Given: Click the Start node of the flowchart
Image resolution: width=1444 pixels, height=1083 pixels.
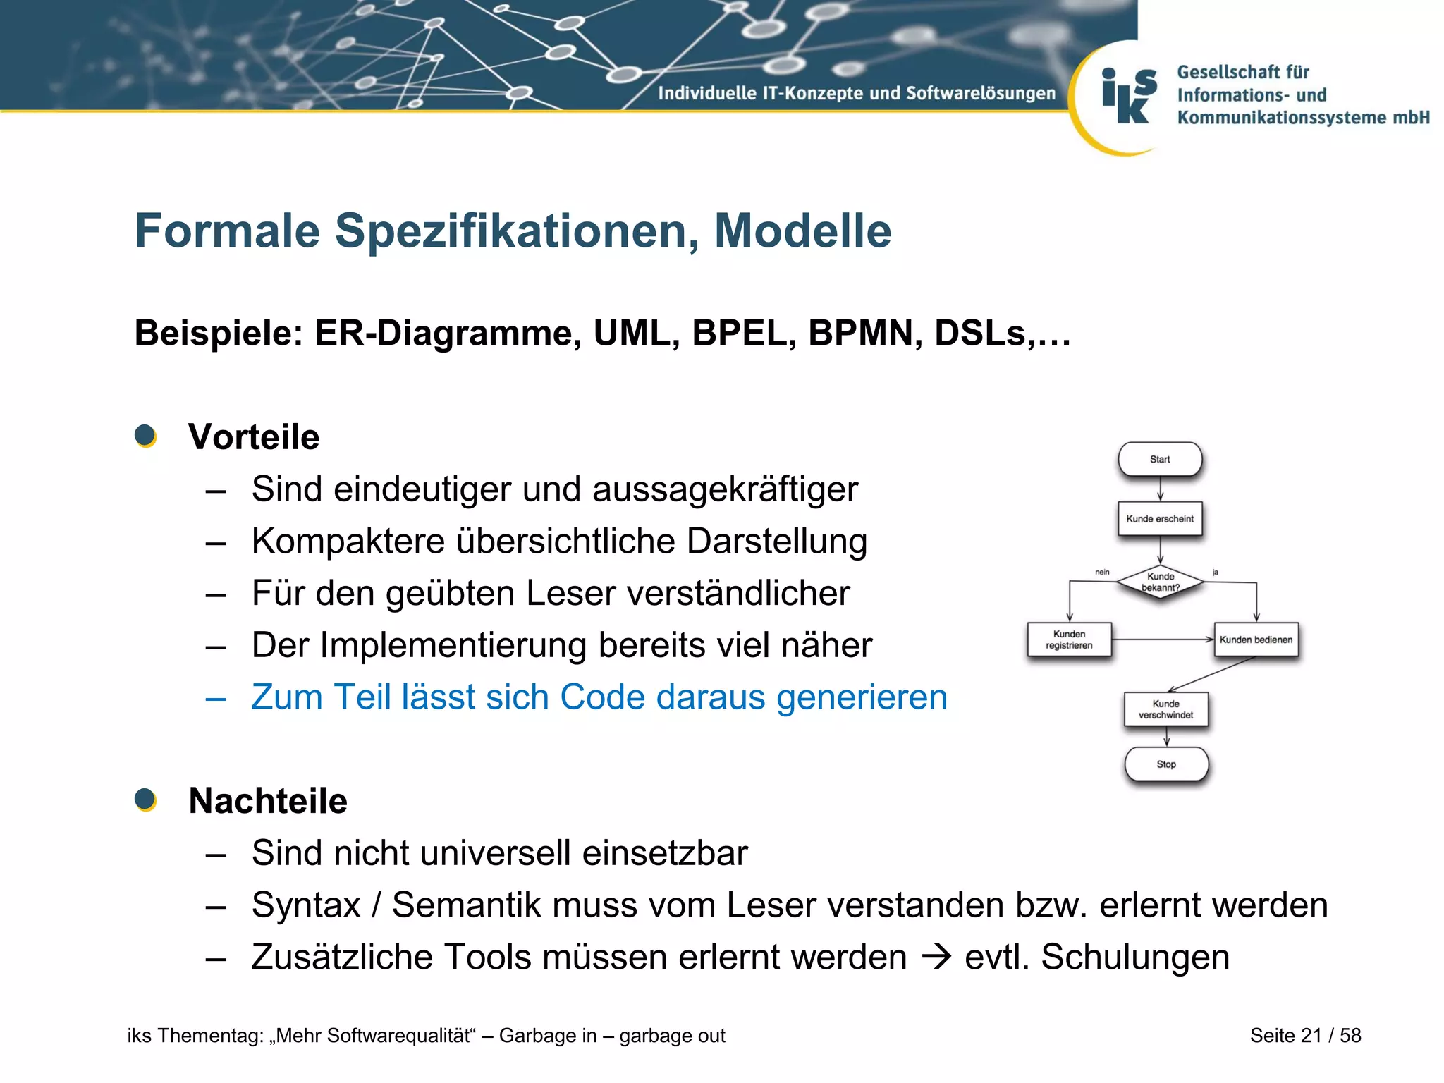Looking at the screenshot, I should pos(1160,460).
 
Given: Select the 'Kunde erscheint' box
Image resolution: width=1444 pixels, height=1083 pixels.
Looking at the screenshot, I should pos(1160,519).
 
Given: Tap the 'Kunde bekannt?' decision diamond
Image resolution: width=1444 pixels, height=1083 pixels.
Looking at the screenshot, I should pos(1161,582).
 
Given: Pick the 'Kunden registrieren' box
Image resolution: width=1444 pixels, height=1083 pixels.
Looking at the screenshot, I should pos(1069,640).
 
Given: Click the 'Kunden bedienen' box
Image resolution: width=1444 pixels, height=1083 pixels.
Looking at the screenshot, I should pos(1256,640).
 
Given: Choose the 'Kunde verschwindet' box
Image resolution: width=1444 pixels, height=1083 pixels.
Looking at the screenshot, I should pos(1165,709).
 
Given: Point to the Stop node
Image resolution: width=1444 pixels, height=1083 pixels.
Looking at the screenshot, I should pos(1166,764).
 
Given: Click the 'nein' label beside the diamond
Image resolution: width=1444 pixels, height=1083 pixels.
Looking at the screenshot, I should pos(1102,573).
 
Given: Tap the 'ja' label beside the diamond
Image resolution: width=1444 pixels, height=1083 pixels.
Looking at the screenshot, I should pos(1216,573).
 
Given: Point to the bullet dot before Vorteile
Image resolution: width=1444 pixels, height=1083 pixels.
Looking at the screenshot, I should pos(145,436).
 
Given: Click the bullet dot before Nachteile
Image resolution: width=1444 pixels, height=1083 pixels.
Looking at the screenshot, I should pos(145,800).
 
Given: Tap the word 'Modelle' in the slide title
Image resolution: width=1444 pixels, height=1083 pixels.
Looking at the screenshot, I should pos(802,231).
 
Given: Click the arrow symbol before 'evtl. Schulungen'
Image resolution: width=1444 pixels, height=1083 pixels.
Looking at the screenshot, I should pos(936,957).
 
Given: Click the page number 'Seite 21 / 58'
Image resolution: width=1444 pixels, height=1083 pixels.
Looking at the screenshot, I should pos(1305,1035).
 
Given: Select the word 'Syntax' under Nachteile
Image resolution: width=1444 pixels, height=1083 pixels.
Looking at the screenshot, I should pos(306,905).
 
